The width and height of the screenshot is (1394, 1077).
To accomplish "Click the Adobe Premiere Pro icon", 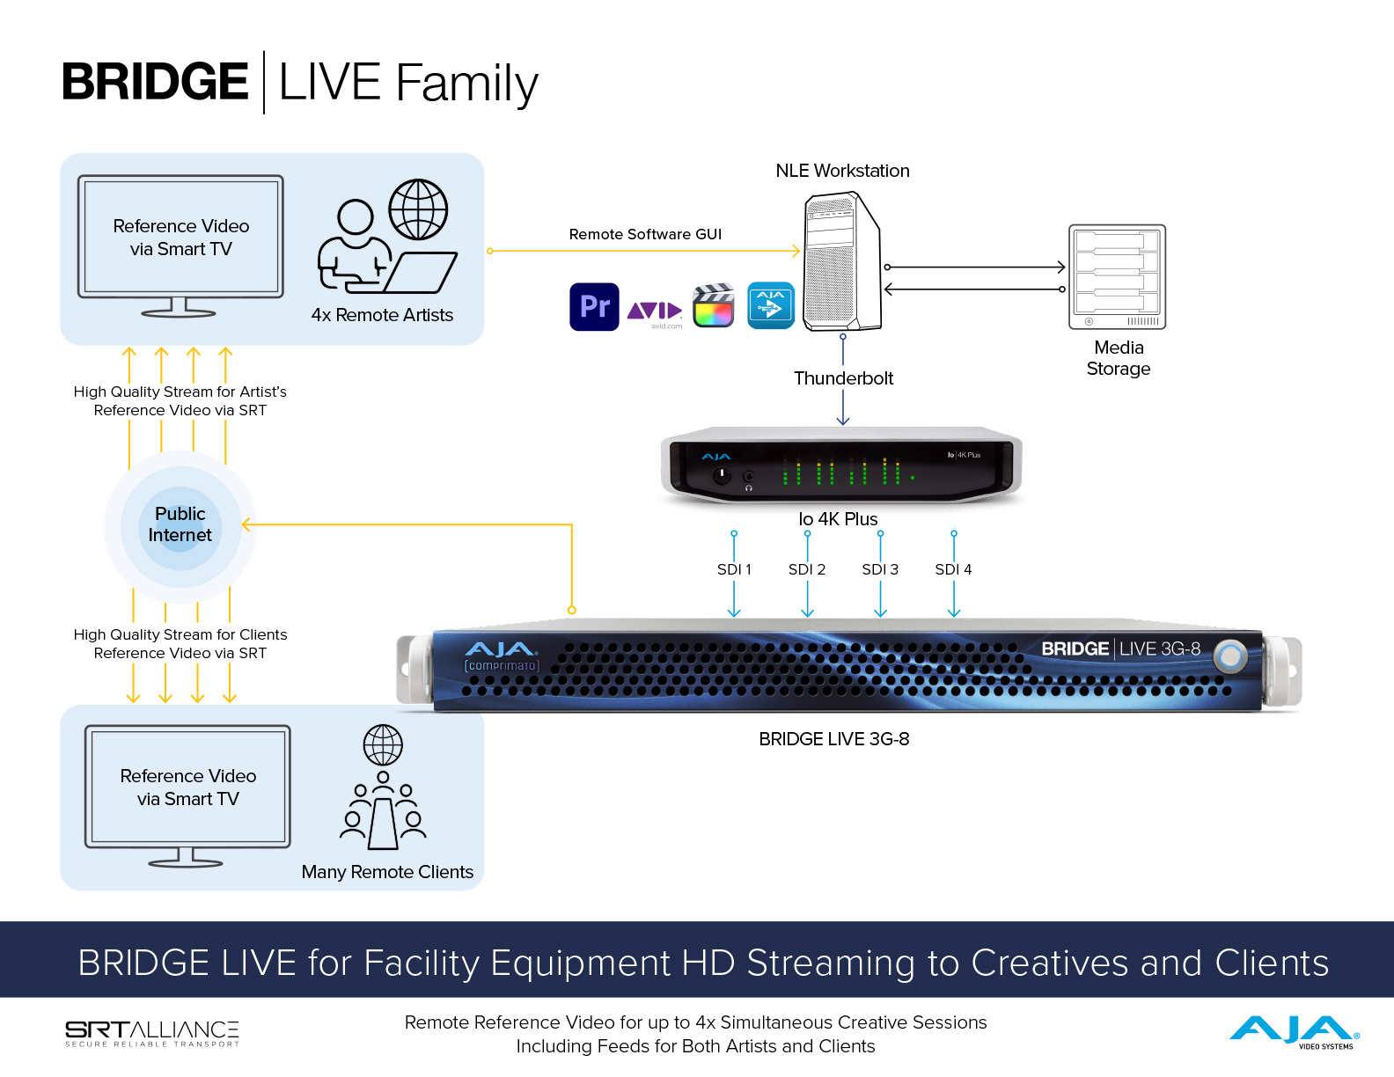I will (594, 306).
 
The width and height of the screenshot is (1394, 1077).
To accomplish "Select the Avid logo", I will (655, 311).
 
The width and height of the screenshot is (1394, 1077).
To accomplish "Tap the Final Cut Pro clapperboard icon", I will (714, 305).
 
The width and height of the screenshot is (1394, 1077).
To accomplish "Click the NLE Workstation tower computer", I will (842, 262).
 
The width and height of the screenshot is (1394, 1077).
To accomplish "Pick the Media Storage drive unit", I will (1117, 276).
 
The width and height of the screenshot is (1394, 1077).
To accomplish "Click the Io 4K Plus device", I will (841, 465).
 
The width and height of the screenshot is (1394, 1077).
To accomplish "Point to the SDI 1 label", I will (734, 569).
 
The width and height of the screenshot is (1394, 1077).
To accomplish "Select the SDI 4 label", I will (953, 569).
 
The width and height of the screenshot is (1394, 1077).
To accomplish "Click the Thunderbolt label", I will (843, 378).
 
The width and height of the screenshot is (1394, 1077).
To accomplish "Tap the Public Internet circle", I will (180, 524).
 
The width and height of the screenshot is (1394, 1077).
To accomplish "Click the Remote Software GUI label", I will (645, 234).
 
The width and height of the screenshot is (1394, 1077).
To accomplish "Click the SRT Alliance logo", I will (152, 1033).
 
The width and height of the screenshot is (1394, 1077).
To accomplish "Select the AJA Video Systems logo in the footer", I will (1294, 1031).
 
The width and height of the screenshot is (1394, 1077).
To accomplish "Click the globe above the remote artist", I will (418, 209).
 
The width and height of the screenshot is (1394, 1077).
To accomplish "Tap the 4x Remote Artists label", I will (382, 315).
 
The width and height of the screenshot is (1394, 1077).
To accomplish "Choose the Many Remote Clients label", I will (387, 872).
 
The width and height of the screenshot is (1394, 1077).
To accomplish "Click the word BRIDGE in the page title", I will (155, 82).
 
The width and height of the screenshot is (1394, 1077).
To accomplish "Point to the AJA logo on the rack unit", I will (501, 650).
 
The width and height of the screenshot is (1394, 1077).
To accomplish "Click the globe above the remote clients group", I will (383, 745).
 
